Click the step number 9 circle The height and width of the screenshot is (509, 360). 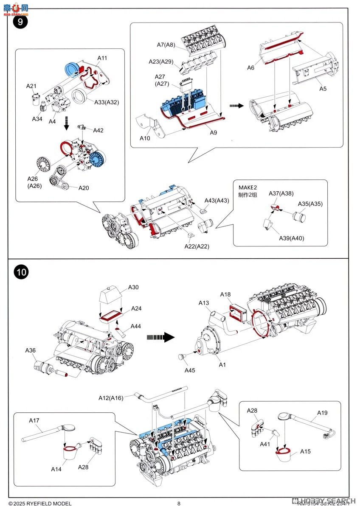pyautogui.click(x=20, y=22)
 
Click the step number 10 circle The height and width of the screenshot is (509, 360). pyautogui.click(x=22, y=272)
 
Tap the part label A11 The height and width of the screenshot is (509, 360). pyautogui.click(x=102, y=57)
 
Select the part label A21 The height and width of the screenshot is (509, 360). pyautogui.click(x=31, y=86)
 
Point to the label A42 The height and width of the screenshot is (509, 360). pyautogui.click(x=98, y=130)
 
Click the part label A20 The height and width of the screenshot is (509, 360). pyautogui.click(x=84, y=188)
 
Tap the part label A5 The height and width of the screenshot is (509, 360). pyautogui.click(x=323, y=89)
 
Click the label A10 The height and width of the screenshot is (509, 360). pyautogui.click(x=145, y=138)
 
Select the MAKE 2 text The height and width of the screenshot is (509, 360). pyautogui.click(x=248, y=187)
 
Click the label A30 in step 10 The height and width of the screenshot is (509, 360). pyautogui.click(x=133, y=287)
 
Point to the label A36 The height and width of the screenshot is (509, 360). pyautogui.click(x=31, y=350)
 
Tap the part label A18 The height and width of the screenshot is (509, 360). pyautogui.click(x=225, y=294)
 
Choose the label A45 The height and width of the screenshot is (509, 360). pyautogui.click(x=190, y=370)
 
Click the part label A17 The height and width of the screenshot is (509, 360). pyautogui.click(x=34, y=420)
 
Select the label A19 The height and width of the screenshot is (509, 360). pyautogui.click(x=322, y=413)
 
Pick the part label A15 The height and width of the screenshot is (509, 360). pyautogui.click(x=305, y=451)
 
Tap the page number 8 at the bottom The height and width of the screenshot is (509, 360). pyautogui.click(x=179, y=503)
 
